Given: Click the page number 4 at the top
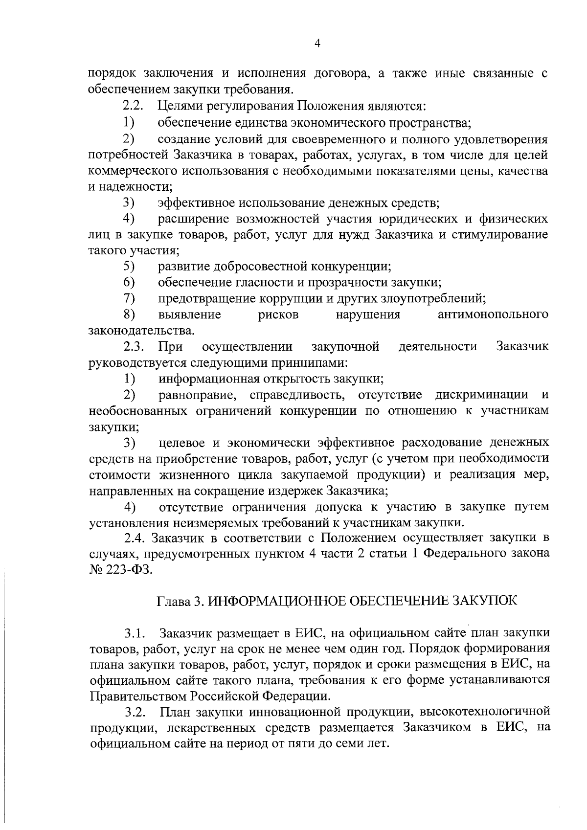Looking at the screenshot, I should tap(317, 44).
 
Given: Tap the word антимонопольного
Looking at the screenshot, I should tap(493, 315).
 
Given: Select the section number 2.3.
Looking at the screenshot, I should tap(133, 347).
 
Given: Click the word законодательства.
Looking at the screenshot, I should tap(141, 331).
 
